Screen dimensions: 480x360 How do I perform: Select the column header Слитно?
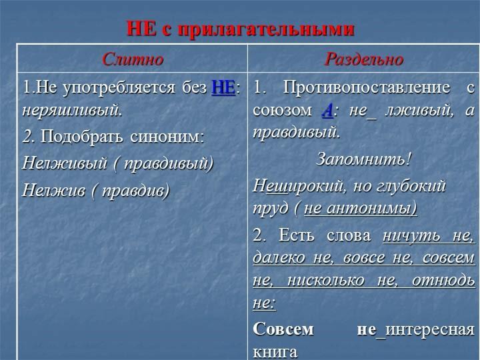coord(133,59)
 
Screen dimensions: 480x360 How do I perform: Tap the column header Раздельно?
coord(364,59)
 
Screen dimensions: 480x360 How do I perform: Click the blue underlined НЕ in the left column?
coord(223,88)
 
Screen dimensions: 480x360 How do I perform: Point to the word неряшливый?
coord(72,110)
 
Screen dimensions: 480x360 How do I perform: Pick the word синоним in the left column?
coord(167,137)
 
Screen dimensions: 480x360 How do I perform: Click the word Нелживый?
coord(65,163)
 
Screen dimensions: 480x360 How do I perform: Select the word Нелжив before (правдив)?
coord(54,190)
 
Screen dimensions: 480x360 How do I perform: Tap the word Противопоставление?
coord(367,88)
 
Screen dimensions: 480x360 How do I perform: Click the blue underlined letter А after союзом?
coord(327,111)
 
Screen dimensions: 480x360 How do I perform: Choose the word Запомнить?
coord(363,159)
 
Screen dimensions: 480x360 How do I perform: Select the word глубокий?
coord(411,186)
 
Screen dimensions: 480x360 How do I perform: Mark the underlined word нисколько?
coord(326,281)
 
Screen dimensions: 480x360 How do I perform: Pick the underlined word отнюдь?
coord(443,281)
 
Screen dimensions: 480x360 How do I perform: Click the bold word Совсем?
coord(283,329)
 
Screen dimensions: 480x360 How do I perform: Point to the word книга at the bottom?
coord(275,352)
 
